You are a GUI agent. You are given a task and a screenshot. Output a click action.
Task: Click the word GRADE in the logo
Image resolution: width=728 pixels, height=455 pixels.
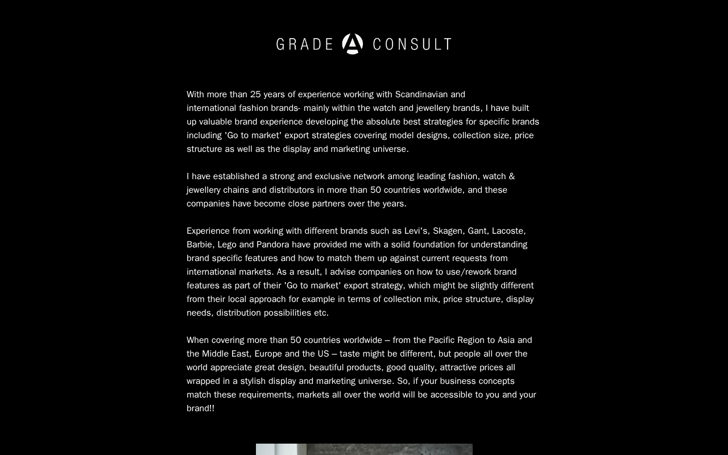click(x=305, y=44)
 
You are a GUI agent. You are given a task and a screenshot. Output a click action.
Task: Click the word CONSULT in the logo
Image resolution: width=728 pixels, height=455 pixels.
click(x=412, y=44)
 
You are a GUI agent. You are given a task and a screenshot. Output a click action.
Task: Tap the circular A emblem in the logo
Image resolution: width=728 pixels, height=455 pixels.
click(x=353, y=44)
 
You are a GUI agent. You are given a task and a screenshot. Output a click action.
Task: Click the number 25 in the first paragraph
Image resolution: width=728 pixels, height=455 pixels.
click(x=255, y=94)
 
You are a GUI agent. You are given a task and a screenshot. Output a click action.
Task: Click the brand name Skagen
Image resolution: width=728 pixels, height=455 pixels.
click(x=448, y=231)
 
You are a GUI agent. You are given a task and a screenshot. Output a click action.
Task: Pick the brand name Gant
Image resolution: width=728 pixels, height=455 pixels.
click(x=477, y=231)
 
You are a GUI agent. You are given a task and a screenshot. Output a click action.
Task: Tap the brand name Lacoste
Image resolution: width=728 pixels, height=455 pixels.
click(x=508, y=231)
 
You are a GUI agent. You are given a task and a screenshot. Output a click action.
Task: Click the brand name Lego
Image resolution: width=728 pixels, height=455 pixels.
click(x=227, y=245)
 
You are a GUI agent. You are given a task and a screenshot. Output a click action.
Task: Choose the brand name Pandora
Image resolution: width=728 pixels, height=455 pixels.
click(x=273, y=245)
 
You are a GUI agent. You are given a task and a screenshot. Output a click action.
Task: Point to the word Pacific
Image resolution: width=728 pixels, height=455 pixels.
click(x=442, y=340)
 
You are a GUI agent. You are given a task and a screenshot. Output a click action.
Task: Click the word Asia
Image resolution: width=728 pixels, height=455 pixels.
click(x=506, y=340)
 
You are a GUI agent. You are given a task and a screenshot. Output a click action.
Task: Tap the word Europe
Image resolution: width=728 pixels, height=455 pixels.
click(x=268, y=354)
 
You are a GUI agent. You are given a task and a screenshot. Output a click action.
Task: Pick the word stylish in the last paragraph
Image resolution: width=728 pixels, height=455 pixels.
click(x=253, y=381)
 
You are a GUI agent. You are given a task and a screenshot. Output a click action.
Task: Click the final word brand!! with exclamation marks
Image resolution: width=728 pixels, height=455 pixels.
click(x=201, y=408)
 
